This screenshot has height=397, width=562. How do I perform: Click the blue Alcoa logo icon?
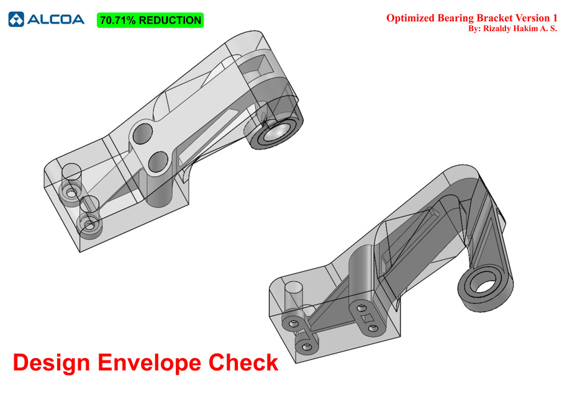pos(16,19)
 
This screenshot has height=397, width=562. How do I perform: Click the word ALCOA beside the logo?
pos(55,19)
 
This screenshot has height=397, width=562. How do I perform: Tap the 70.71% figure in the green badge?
pos(117,20)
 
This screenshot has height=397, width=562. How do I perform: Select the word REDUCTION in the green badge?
pos(170,20)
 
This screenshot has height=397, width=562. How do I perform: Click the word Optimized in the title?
pos(409,18)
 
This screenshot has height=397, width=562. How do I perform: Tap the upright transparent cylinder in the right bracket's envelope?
pos(292,297)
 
